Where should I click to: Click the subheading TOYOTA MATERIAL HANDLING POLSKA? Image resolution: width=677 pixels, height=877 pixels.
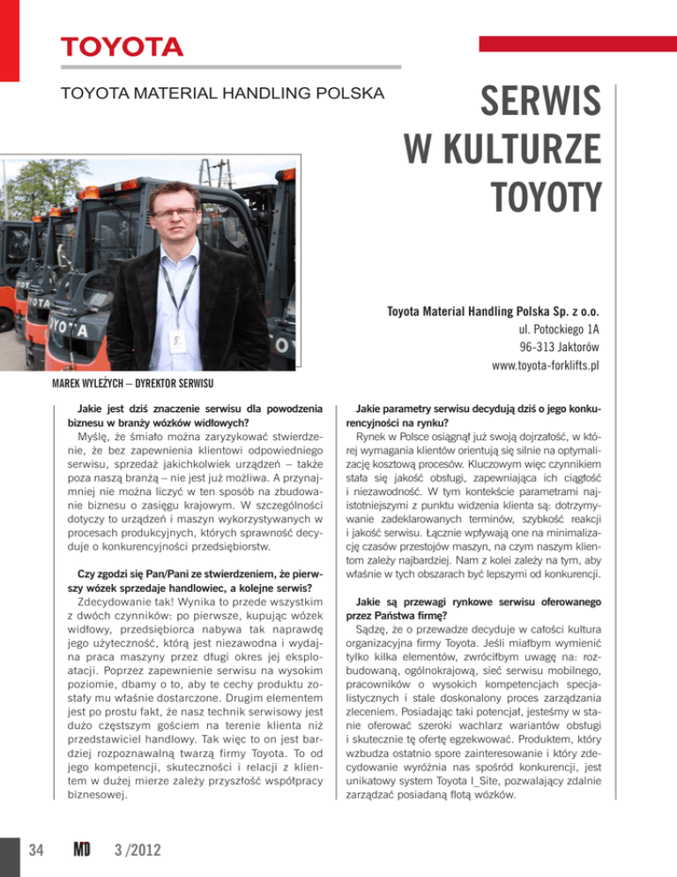pyautogui.click(x=222, y=92)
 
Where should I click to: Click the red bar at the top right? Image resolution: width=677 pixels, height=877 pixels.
pyautogui.click(x=574, y=44)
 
